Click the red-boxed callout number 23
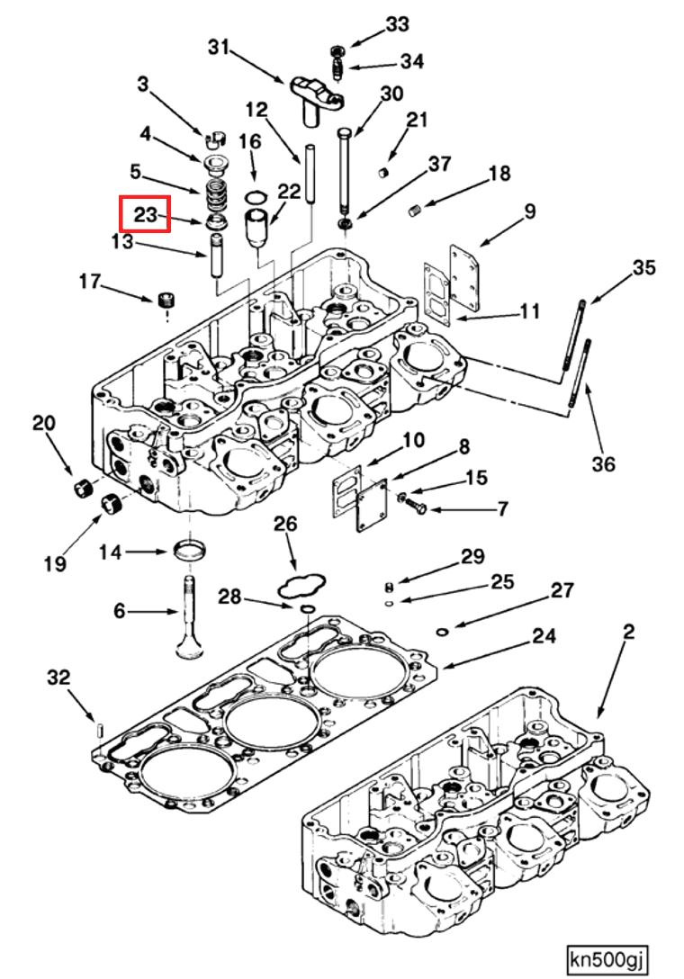(145, 215)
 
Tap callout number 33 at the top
(397, 25)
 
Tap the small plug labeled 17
(166, 299)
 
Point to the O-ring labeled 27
(442, 632)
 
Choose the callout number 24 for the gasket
(542, 636)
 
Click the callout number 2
(628, 632)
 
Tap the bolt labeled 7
(417, 508)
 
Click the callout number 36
(603, 464)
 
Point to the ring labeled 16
(256, 197)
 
